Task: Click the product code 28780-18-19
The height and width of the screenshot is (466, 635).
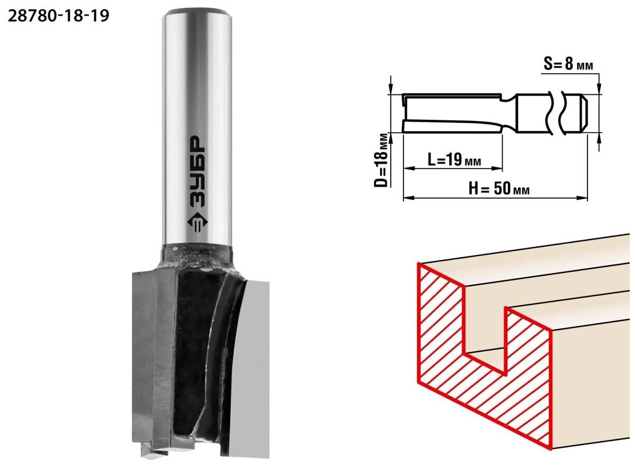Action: point(59,16)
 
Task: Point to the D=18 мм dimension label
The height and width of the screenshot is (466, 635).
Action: point(381,160)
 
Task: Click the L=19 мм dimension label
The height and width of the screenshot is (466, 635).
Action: point(454,160)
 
